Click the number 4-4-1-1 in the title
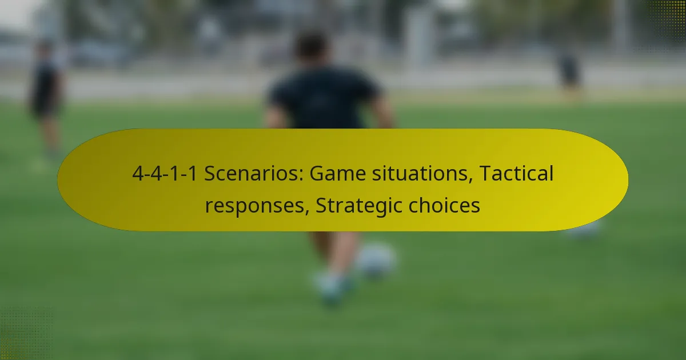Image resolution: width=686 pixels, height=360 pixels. [x=165, y=174]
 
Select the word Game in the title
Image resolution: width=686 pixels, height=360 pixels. [x=338, y=174]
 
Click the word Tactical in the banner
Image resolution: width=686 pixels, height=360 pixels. [x=516, y=173]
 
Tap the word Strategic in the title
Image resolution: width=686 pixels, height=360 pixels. [x=359, y=205]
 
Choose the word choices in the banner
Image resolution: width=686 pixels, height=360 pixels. [x=444, y=205]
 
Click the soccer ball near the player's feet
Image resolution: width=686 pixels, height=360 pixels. [x=376, y=260]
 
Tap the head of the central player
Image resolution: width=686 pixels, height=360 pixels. [x=312, y=46]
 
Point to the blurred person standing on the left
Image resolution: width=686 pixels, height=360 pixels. [x=46, y=98]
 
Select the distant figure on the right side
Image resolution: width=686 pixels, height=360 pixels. [x=569, y=74]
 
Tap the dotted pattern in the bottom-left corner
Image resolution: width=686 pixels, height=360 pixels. [x=26, y=334]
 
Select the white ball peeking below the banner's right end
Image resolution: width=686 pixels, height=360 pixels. [x=584, y=230]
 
